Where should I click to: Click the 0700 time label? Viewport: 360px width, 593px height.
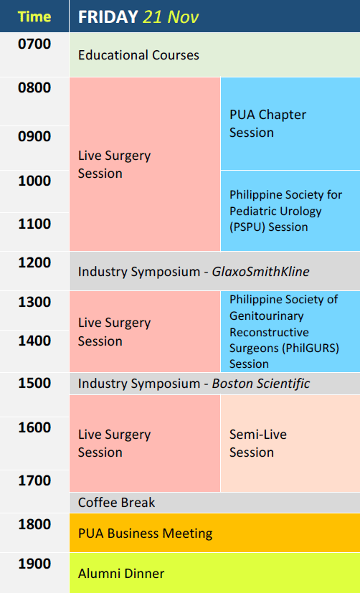(34, 44)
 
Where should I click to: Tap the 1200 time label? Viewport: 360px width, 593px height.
(34, 262)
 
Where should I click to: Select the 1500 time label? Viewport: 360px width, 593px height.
(34, 383)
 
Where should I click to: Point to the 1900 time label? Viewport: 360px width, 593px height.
(34, 564)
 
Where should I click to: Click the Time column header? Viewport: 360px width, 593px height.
(34, 16)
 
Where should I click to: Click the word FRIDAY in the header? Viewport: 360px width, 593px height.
(108, 16)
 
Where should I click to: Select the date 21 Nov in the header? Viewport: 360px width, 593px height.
(171, 16)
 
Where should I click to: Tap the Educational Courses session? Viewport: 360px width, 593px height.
(215, 54)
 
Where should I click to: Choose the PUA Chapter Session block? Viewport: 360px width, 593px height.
(290, 123)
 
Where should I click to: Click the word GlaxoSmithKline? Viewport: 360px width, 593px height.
(260, 272)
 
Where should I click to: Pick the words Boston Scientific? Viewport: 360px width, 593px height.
(261, 384)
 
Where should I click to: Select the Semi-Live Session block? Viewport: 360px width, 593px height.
(290, 443)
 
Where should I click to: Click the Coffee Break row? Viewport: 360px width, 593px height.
(215, 503)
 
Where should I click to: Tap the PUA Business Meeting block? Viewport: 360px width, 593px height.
(215, 533)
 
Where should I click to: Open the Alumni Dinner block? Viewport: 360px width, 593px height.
(215, 573)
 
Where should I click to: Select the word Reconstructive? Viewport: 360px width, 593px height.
(269, 332)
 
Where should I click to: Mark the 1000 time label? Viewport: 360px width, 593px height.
(34, 181)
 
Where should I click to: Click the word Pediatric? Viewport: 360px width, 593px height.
(252, 211)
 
